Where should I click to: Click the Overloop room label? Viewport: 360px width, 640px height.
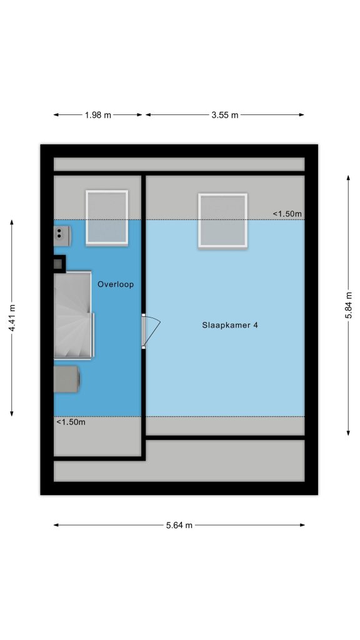tap(116, 284)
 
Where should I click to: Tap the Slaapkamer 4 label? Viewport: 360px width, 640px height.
tap(230, 325)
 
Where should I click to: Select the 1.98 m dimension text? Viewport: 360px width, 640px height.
tap(98, 115)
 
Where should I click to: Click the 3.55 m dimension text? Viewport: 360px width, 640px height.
tap(225, 115)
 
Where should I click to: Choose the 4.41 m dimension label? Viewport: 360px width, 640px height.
tap(12, 318)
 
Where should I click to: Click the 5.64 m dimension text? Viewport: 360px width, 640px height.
tap(179, 525)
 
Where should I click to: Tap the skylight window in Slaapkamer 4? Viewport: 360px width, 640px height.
tap(223, 221)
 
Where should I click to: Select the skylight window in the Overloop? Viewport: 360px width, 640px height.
tap(107, 218)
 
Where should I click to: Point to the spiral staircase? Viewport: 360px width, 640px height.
tap(74, 315)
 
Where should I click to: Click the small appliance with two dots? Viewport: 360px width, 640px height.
tap(62, 236)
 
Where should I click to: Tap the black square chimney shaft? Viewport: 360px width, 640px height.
tap(59, 264)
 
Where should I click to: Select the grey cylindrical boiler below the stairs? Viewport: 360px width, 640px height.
tap(67, 379)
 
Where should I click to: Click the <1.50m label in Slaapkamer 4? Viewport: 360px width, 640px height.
tap(287, 214)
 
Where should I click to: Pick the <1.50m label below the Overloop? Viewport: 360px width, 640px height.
tap(71, 422)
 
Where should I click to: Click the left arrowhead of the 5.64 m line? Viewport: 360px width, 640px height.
tap(56, 525)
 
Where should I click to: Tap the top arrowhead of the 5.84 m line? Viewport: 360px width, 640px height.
tap(348, 178)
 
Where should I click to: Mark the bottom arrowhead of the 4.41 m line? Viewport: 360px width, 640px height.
tap(12, 414)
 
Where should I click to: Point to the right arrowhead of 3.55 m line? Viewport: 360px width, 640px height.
tap(302, 115)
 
